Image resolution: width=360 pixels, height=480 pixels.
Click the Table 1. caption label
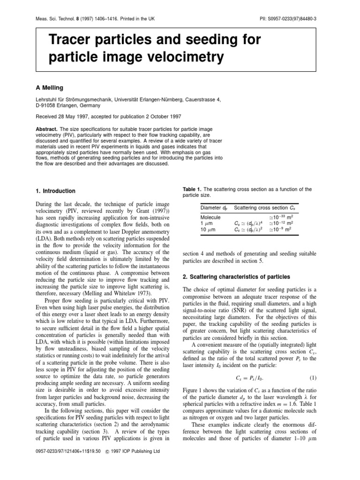(194, 189)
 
